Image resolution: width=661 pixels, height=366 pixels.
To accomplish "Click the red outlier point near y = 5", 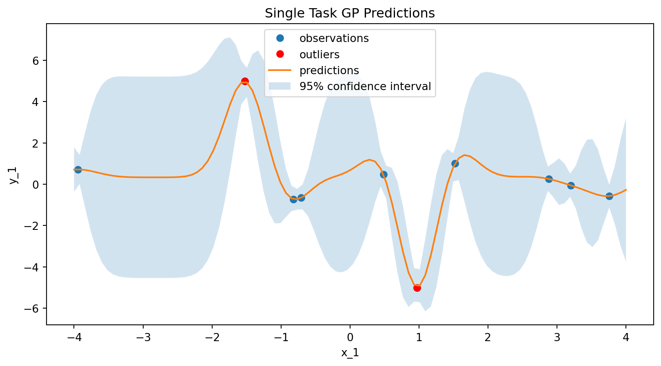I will click(x=245, y=81).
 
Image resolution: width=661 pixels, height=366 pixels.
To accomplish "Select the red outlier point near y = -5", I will click(x=417, y=288).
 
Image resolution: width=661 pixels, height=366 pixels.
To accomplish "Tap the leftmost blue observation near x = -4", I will click(x=78, y=170).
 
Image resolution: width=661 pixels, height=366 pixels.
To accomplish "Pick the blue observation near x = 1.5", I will click(x=455, y=163).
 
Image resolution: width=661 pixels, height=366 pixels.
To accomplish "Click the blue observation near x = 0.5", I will click(x=384, y=174).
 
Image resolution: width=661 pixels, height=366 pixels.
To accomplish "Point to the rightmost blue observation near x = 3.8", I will click(x=609, y=196).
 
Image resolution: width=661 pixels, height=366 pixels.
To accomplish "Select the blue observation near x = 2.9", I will click(x=549, y=179).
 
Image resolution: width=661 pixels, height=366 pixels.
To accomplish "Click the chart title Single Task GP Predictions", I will click(x=350, y=13).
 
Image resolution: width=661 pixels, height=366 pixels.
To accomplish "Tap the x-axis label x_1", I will click(x=350, y=353).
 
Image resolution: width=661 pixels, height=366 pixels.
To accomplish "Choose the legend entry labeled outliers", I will click(x=319, y=54).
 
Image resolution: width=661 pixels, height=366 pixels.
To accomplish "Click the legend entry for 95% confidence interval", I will click(x=365, y=86).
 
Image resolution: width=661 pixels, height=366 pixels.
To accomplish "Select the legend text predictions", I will click(x=329, y=71).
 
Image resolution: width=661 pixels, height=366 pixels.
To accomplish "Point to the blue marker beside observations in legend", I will click(x=279, y=38).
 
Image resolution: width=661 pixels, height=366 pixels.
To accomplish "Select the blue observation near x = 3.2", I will click(x=571, y=185).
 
